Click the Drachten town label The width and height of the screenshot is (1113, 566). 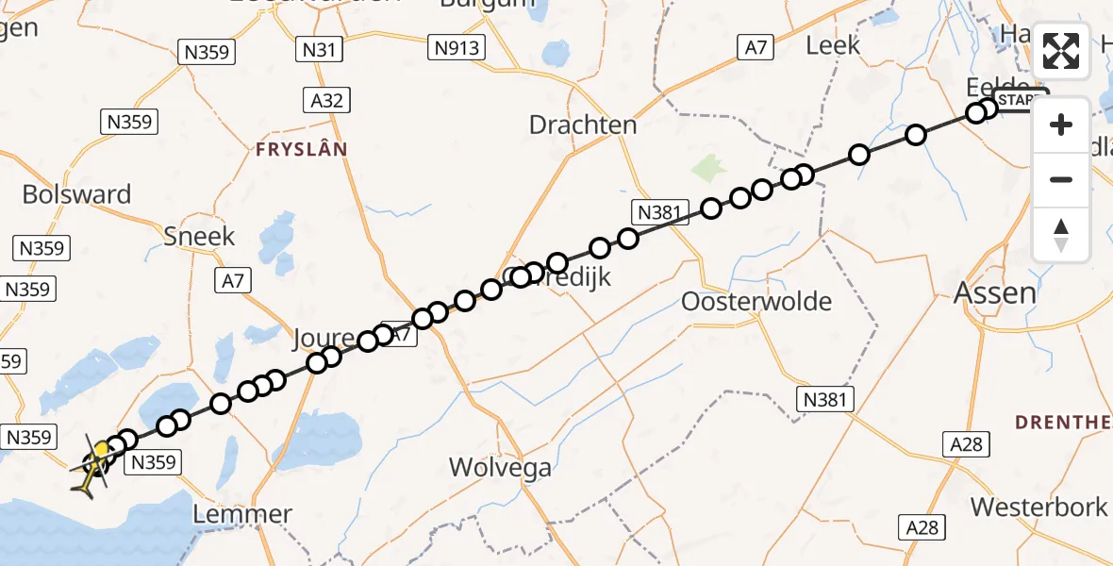click(x=583, y=125)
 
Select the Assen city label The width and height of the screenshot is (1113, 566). click(x=994, y=292)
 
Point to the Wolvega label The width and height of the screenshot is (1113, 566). click(x=500, y=466)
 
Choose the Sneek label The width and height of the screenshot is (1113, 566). click(x=199, y=236)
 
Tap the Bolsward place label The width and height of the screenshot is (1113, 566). click(x=76, y=195)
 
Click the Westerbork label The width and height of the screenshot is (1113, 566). click(x=1038, y=507)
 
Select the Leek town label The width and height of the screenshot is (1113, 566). click(x=834, y=44)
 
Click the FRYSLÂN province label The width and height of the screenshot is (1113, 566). click(x=301, y=149)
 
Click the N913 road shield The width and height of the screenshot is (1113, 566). click(x=457, y=47)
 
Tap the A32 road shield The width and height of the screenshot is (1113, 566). click(x=326, y=99)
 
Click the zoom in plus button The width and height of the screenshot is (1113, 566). click(x=1061, y=125)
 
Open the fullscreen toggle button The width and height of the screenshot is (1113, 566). click(x=1061, y=51)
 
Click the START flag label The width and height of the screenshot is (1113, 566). click(x=1020, y=100)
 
